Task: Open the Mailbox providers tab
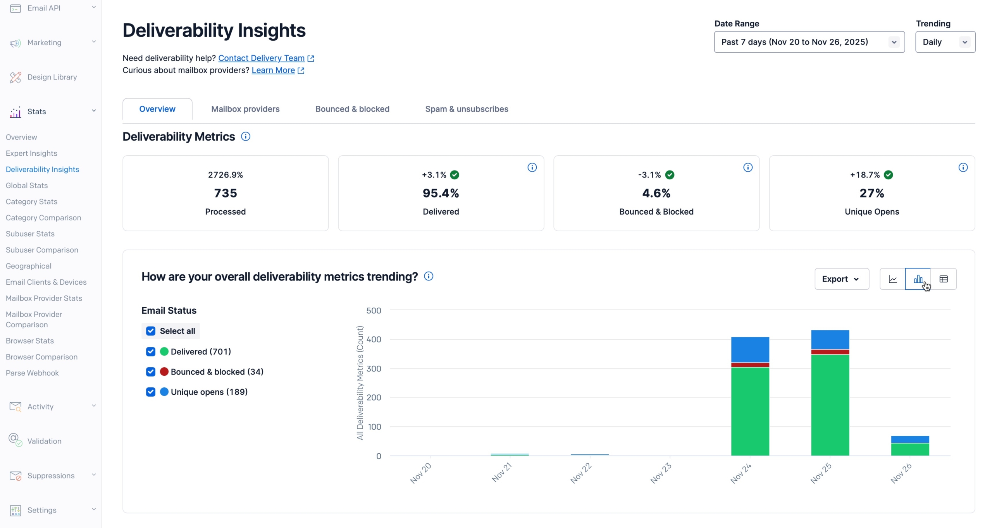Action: click(245, 109)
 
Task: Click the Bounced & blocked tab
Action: click(352, 109)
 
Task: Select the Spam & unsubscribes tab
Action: click(467, 109)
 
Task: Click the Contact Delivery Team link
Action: click(261, 58)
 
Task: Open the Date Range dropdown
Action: click(809, 42)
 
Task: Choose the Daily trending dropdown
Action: click(945, 42)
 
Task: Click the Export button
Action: click(841, 279)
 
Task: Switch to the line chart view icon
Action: click(892, 279)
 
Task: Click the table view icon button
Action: click(944, 279)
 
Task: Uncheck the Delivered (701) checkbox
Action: click(151, 351)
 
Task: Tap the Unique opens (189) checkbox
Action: click(151, 392)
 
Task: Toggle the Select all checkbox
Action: click(151, 331)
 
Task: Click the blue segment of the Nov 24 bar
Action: click(750, 349)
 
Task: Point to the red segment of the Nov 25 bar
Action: click(830, 352)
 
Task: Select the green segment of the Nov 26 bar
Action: click(910, 449)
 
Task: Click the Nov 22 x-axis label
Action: click(581, 473)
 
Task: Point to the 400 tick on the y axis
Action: click(374, 339)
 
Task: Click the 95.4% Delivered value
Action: click(441, 193)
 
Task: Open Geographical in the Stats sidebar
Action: click(29, 266)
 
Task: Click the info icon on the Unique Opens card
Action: click(963, 167)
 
